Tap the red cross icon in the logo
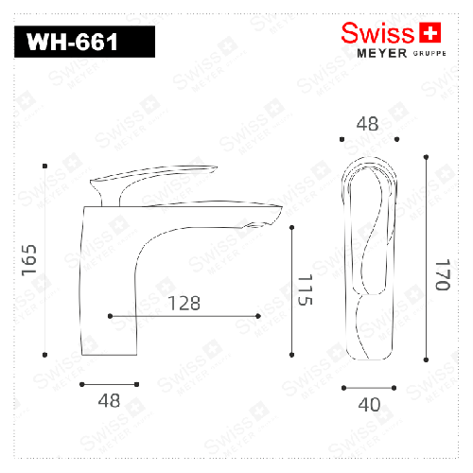430,33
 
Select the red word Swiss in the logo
377,33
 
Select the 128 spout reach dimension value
184,303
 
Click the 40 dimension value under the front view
369,405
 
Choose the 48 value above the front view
368,123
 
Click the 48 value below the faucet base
109,400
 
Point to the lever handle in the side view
156,176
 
